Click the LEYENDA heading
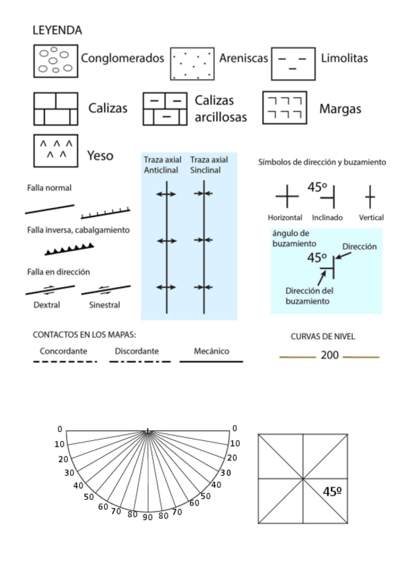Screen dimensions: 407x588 (57, 31)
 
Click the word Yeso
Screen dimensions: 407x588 (100, 155)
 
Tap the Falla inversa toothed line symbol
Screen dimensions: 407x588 (69, 249)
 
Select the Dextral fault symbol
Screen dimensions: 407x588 (50, 290)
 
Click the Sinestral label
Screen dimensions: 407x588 (105, 305)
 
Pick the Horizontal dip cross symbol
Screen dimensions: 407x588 (287, 196)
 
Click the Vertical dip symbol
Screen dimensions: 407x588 (370, 196)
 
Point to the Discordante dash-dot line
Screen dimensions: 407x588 (140, 361)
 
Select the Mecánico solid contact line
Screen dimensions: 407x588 (211, 361)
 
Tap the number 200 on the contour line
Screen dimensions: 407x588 (330, 355)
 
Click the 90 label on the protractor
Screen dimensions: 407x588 (148, 517)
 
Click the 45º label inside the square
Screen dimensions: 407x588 (332, 492)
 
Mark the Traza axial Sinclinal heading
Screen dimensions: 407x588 (209, 165)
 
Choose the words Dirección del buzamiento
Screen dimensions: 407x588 (309, 296)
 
